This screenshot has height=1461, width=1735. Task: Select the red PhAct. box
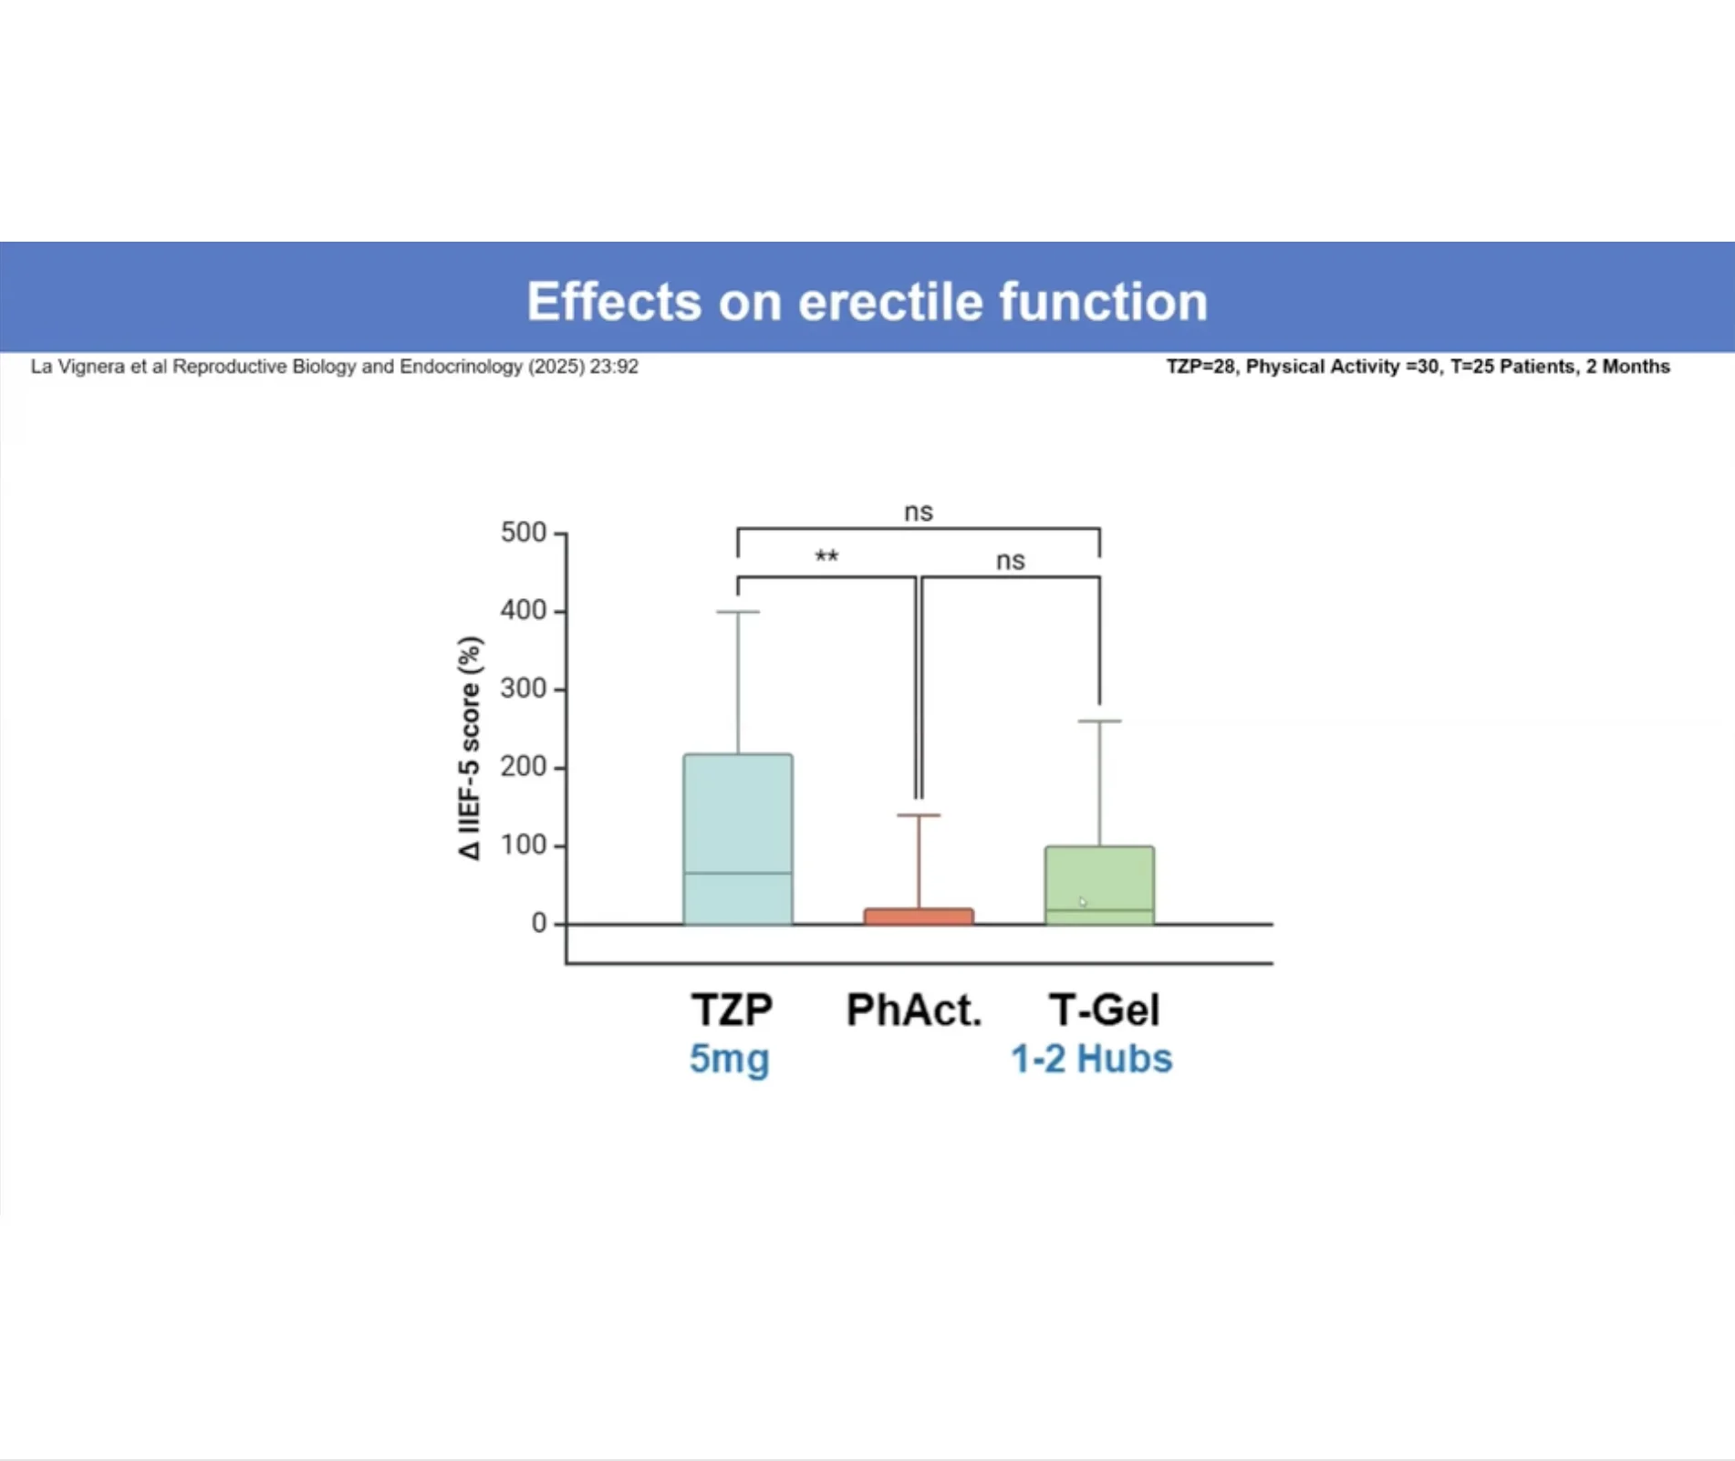[x=919, y=916]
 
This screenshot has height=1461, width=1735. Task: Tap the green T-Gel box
[x=1099, y=876]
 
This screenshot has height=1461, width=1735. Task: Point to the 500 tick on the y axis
[x=523, y=533]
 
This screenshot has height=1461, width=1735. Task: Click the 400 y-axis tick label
[x=523, y=610]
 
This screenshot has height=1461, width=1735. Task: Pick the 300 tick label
[x=523, y=689]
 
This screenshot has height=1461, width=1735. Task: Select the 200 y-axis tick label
[x=523, y=767]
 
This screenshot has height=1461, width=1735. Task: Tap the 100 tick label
[x=523, y=845]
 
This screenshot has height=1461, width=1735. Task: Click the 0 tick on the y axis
[x=538, y=923]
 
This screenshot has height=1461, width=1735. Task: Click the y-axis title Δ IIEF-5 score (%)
[x=470, y=748]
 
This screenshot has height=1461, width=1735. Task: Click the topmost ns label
[x=919, y=512]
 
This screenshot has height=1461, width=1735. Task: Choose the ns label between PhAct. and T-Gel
[x=1010, y=561]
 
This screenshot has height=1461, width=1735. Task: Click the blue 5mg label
[x=730, y=1059]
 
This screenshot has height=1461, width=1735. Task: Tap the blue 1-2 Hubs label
[x=1091, y=1059]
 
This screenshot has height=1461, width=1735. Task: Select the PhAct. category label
[x=914, y=1010]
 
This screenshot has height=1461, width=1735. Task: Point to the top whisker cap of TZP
[x=737, y=612]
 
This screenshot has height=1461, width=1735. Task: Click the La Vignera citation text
[x=334, y=367]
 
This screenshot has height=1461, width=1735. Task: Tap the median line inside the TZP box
[x=737, y=873]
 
